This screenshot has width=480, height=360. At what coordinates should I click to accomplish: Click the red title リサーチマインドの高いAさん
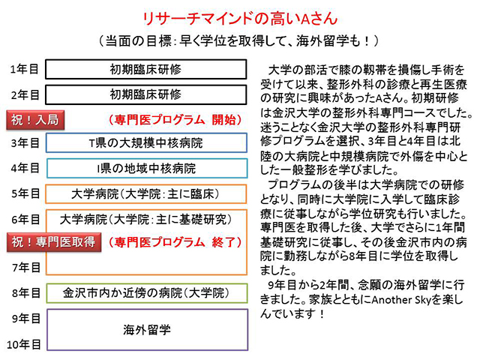pyautogui.click(x=240, y=18)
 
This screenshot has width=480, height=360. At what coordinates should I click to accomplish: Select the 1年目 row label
pyautogui.click(x=24, y=69)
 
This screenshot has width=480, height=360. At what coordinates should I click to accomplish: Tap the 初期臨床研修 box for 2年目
pyautogui.click(x=146, y=94)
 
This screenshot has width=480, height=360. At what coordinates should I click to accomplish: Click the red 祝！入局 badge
pyautogui.click(x=35, y=120)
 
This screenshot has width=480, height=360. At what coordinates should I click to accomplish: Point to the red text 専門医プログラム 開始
pyautogui.click(x=175, y=120)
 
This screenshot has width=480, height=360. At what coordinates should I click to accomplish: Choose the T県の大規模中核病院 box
pyautogui.click(x=146, y=142)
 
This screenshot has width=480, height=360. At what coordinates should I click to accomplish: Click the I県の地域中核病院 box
pyautogui.click(x=147, y=168)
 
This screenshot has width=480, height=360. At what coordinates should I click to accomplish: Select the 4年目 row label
pyautogui.click(x=25, y=168)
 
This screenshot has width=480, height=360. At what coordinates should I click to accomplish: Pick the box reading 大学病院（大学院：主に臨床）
pyautogui.click(x=146, y=193)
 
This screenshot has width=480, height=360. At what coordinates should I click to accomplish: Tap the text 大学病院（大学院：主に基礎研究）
pyautogui.click(x=146, y=219)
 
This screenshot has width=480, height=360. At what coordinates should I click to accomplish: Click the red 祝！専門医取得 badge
pyautogui.click(x=54, y=242)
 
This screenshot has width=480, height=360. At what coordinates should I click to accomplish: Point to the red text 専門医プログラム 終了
pyautogui.click(x=175, y=242)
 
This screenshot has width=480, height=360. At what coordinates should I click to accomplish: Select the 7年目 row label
pyautogui.click(x=26, y=268)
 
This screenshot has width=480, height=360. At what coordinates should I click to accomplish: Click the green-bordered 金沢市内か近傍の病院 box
pyautogui.click(x=147, y=293)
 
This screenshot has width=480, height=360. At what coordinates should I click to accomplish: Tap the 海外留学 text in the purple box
pyautogui.click(x=147, y=330)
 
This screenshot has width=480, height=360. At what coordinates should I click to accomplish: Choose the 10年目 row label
pyautogui.click(x=23, y=345)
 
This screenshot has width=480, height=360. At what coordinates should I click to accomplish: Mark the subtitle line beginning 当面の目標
pyautogui.click(x=239, y=41)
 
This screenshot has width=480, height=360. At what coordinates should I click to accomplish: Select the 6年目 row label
pyautogui.click(x=25, y=219)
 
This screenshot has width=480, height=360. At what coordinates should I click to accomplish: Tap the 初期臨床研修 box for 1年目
pyautogui.click(x=146, y=69)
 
